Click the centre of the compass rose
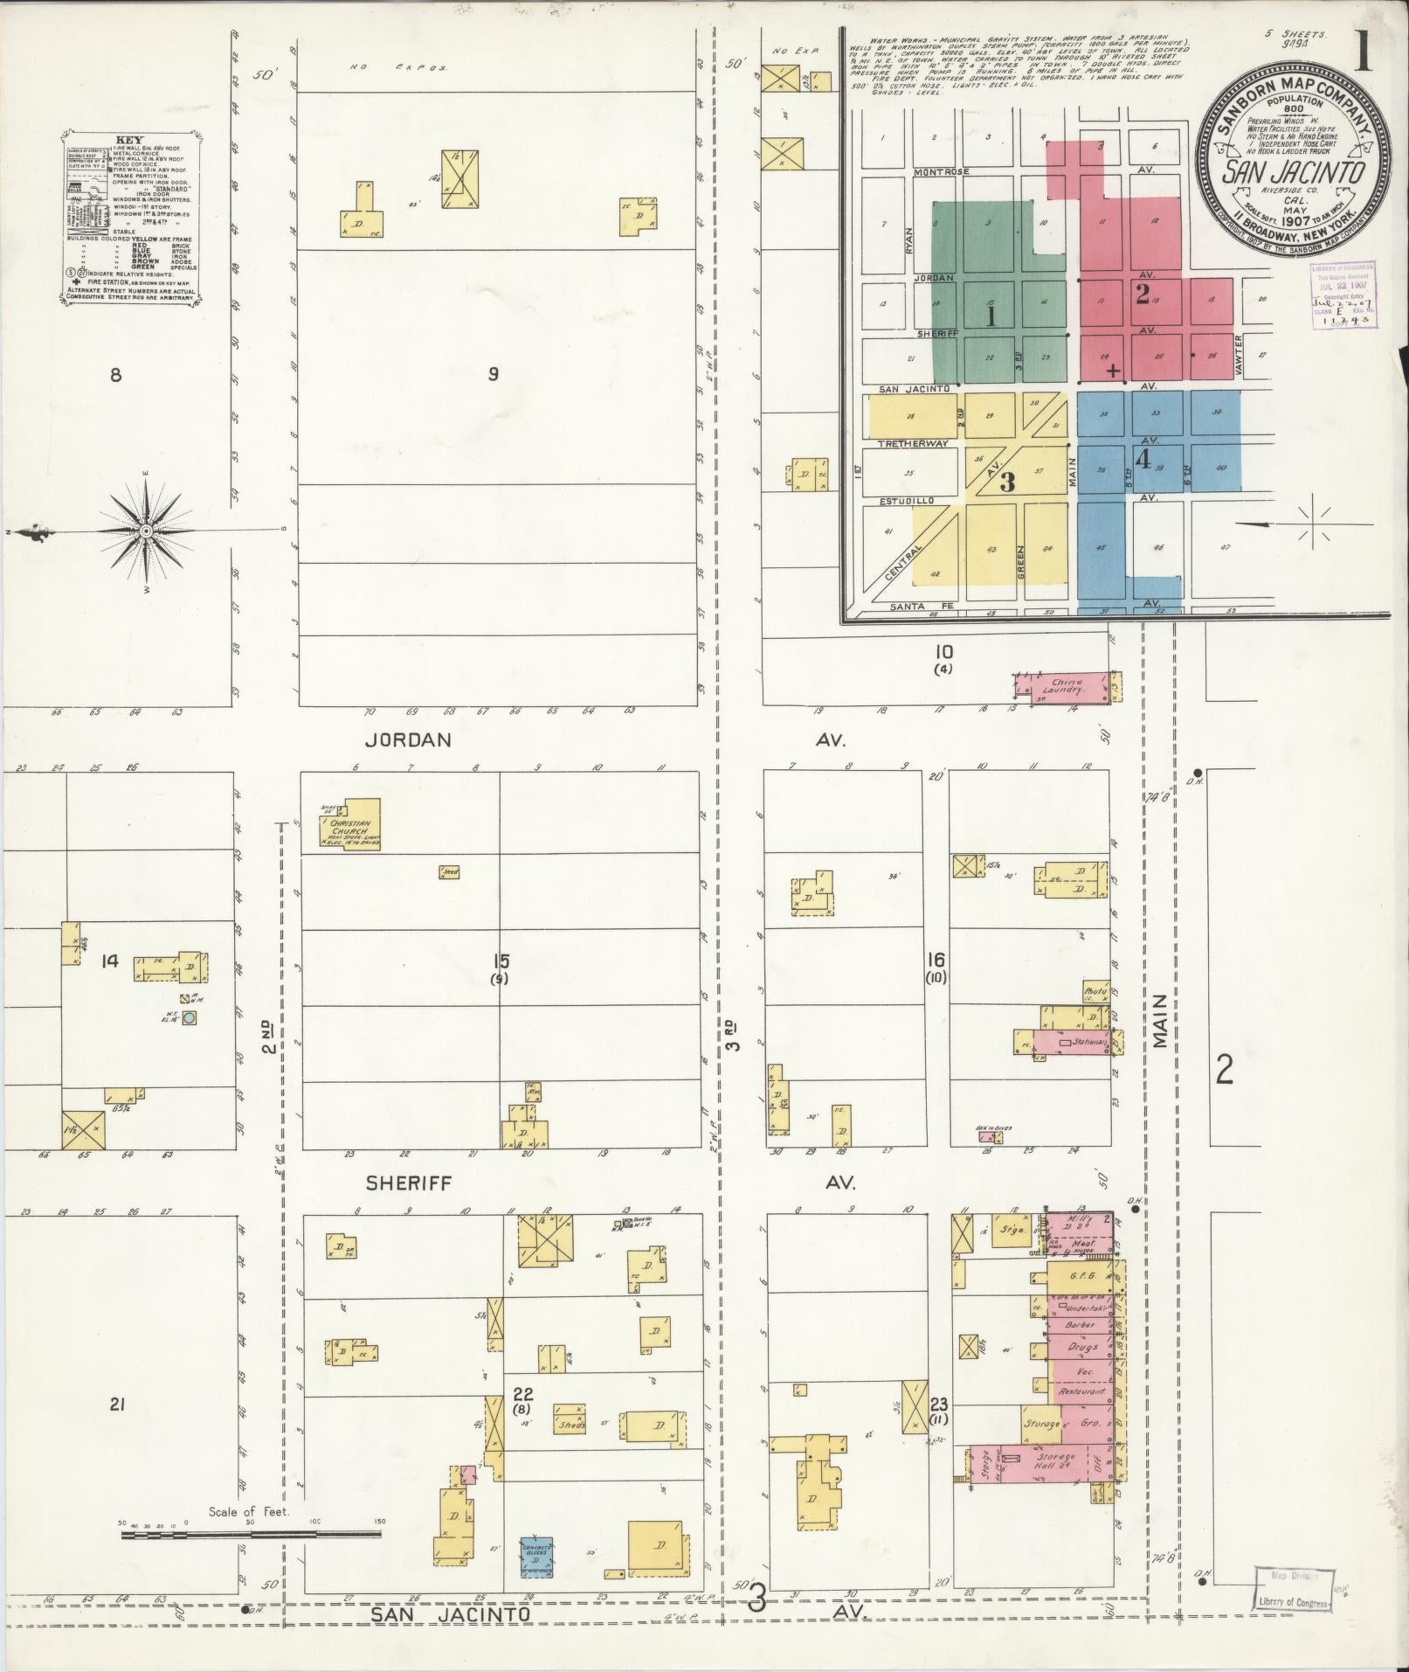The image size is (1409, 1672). [146, 531]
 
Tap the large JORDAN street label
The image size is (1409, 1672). [408, 740]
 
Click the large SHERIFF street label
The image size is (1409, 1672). [408, 1183]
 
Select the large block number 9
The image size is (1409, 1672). [494, 375]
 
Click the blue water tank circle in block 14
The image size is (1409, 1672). [189, 1017]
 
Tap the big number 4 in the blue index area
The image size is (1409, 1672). [1143, 459]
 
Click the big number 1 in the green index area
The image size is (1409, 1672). [991, 316]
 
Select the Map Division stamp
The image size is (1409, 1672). [1291, 1586]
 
